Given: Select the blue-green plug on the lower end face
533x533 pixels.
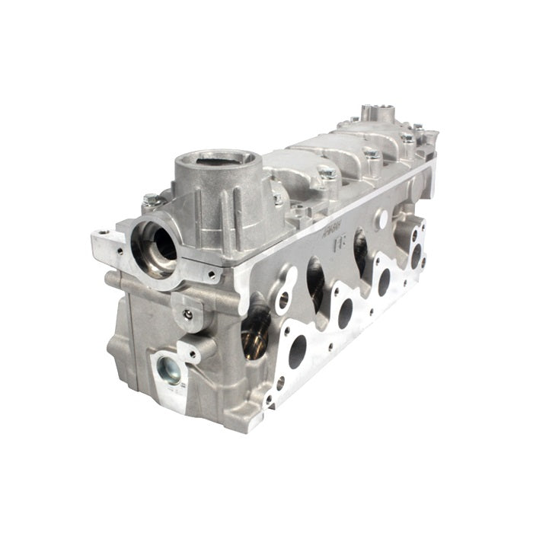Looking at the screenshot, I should coord(168,372).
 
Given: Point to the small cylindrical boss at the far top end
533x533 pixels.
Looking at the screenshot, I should coord(378,113).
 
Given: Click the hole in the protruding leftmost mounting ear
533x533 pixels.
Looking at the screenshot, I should coord(101,234).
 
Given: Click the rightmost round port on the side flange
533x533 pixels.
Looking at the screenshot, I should coord(416,255).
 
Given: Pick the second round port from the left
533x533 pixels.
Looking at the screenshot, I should coord(344,313).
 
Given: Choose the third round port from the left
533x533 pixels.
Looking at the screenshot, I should coord(385,281).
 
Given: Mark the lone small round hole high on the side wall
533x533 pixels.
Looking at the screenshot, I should coord(381,217).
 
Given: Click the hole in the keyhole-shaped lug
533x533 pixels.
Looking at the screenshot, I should coord(283,300).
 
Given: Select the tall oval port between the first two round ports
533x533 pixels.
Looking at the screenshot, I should coord(315,282).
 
